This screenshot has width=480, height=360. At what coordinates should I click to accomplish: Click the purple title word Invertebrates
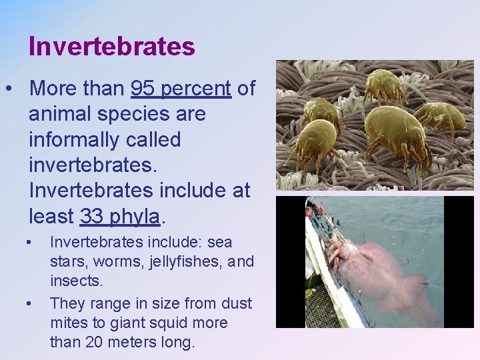tap(111, 46)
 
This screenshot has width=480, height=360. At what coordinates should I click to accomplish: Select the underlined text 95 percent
tap(181, 89)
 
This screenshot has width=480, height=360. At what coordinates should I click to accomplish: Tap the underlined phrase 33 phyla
tap(120, 216)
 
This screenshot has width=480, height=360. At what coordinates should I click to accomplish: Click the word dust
tap(237, 304)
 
